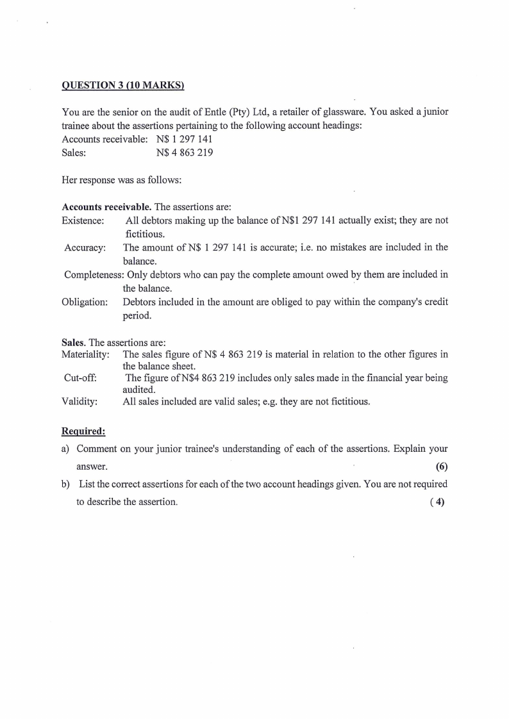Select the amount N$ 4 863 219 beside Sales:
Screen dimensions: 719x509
pos(185,153)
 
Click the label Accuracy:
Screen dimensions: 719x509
pos(85,247)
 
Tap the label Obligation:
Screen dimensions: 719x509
pos(85,302)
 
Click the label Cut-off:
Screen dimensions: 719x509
pos(81,378)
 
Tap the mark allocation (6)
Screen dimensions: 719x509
pos(441,466)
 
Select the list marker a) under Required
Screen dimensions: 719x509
pos(65,449)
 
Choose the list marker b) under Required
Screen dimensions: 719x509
pos(66,484)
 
